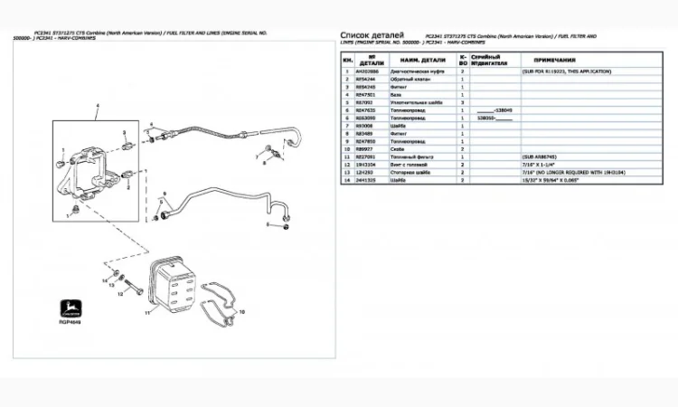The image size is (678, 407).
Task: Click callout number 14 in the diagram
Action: pyautogui.click(x=105, y=281)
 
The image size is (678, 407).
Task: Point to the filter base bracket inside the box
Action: pyautogui.click(x=93, y=163)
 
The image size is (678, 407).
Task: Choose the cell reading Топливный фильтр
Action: pyautogui.click(x=410, y=156)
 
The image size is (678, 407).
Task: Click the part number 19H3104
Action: pyautogui.click(x=366, y=165)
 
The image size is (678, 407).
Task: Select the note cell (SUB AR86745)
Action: pyautogui.click(x=540, y=156)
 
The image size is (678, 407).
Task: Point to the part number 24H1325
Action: pyautogui.click(x=366, y=180)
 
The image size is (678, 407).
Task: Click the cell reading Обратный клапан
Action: pyautogui.click(x=408, y=78)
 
